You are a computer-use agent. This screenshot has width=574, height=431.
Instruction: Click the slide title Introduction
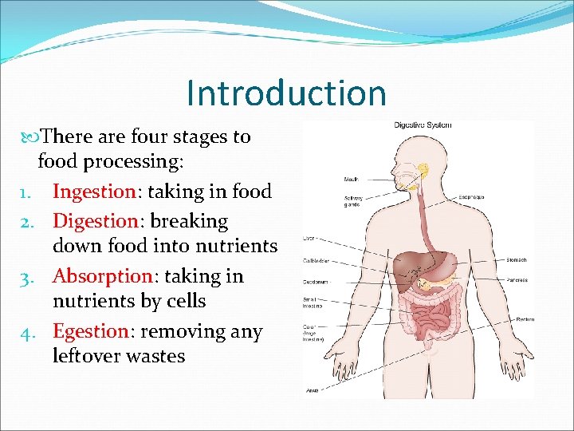coord(285,93)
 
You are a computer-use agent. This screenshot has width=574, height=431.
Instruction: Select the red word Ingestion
coord(94,192)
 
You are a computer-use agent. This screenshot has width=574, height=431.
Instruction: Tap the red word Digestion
coord(95,221)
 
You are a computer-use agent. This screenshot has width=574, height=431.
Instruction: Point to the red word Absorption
coord(103,276)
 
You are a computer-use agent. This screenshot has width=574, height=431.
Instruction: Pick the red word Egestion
coord(90,330)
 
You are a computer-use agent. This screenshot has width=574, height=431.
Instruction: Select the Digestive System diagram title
coord(423,125)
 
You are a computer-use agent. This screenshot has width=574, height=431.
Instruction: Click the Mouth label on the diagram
coord(351,179)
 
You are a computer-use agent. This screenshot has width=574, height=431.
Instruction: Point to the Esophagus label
coord(470,196)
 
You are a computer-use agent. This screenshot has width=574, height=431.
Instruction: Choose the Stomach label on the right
coord(517,259)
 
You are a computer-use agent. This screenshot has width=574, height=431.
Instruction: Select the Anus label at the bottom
coord(313,391)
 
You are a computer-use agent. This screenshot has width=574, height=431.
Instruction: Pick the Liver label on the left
coord(310,238)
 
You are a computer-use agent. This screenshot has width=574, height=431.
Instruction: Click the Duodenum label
coord(315,281)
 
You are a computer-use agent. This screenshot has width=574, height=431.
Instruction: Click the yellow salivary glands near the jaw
coord(422,171)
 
